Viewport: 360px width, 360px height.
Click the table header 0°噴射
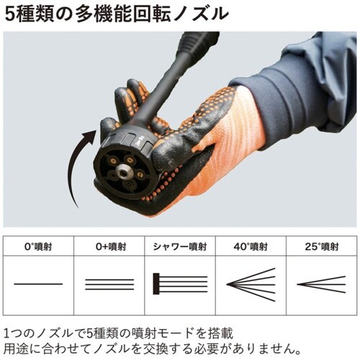pyautogui.click(x=38, y=246)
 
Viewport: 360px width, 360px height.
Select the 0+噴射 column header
pyautogui.click(x=109, y=246)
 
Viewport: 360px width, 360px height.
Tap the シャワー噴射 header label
pyautogui.click(x=179, y=246)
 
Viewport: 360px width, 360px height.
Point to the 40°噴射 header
pyautogui.click(x=251, y=246)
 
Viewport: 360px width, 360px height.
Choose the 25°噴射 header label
pyautogui.click(x=320, y=246)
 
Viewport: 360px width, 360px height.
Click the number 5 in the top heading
pyautogui.click(x=9, y=13)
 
